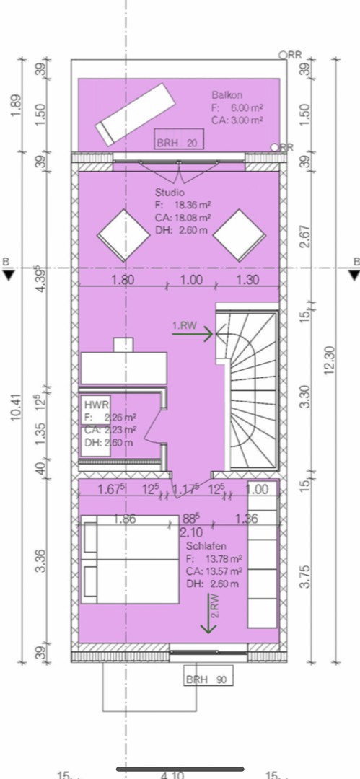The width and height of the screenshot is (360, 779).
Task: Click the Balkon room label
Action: tap(227, 94)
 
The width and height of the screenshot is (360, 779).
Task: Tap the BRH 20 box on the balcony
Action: tap(179, 143)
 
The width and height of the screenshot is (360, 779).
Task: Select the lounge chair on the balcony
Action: tap(134, 113)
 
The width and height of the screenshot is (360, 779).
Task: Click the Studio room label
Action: tap(170, 193)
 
